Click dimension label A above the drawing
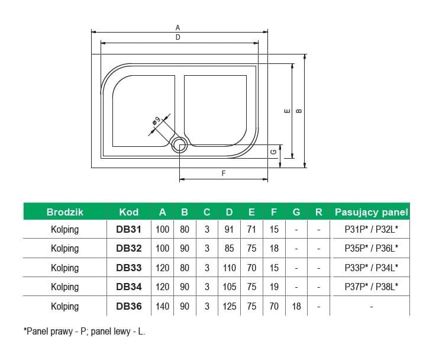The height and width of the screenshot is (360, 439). click(x=177, y=27)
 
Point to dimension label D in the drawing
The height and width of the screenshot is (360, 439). click(x=177, y=37)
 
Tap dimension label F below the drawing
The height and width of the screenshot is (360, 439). click(x=223, y=173)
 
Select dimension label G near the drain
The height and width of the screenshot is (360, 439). click(x=273, y=152)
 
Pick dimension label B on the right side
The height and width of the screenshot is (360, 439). click(x=298, y=110)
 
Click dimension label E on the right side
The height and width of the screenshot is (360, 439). click(x=286, y=111)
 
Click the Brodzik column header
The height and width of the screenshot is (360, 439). click(x=64, y=211)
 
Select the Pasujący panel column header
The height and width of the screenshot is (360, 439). click(x=371, y=211)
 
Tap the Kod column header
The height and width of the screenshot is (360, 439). click(x=128, y=211)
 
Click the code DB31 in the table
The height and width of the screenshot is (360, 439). click(x=128, y=230)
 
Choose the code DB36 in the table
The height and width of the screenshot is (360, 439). click(x=128, y=306)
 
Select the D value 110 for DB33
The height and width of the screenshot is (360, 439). click(x=229, y=268)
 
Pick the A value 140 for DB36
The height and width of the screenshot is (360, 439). click(x=163, y=306)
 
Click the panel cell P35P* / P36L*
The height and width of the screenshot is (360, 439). click(x=371, y=249)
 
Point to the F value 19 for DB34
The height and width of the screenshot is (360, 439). click(x=274, y=287)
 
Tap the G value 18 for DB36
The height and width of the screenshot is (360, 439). click(x=296, y=306)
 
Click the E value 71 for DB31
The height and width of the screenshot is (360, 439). click(x=251, y=230)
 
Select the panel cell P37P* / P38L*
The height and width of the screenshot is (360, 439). click(x=371, y=287)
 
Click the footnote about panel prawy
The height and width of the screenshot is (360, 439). click(x=84, y=332)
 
